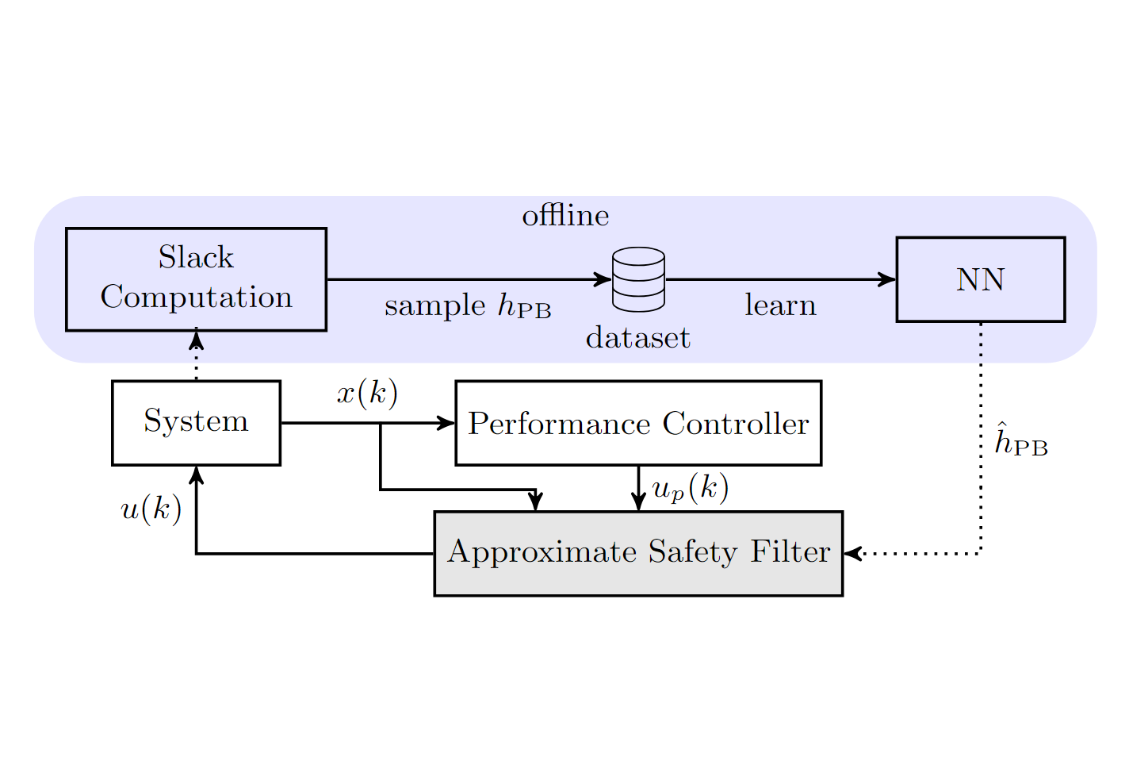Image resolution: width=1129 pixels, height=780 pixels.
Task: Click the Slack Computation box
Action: coord(196,279)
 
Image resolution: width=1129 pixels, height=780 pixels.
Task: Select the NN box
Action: coord(980,279)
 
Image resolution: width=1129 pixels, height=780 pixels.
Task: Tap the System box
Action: coord(196,422)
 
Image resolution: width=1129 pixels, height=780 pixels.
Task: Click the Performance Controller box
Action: coord(637,423)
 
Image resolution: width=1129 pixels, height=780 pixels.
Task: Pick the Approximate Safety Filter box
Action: coord(637,553)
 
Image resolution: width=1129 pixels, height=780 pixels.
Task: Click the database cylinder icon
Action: coord(638,279)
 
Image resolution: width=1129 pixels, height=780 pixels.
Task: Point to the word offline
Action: coord(564,216)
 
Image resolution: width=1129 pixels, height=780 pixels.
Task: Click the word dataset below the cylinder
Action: coord(637,338)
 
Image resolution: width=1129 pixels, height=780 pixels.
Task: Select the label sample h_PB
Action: coord(467,306)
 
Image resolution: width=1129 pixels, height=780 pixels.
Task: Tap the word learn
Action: coord(779,305)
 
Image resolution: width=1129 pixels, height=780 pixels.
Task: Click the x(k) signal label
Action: coord(366,393)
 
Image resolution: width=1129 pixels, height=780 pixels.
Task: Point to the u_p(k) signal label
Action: coord(690,489)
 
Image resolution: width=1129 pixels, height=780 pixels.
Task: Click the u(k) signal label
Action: coord(151,509)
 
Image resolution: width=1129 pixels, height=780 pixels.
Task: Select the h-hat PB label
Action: coord(1020,442)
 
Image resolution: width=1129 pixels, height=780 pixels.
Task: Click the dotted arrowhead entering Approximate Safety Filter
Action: coord(852,553)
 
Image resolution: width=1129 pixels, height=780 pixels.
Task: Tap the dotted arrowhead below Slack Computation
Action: coord(196,340)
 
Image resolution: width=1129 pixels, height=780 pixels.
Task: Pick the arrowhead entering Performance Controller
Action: coord(447,423)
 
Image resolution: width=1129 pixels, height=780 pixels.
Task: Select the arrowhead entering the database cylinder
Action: coord(603,279)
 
